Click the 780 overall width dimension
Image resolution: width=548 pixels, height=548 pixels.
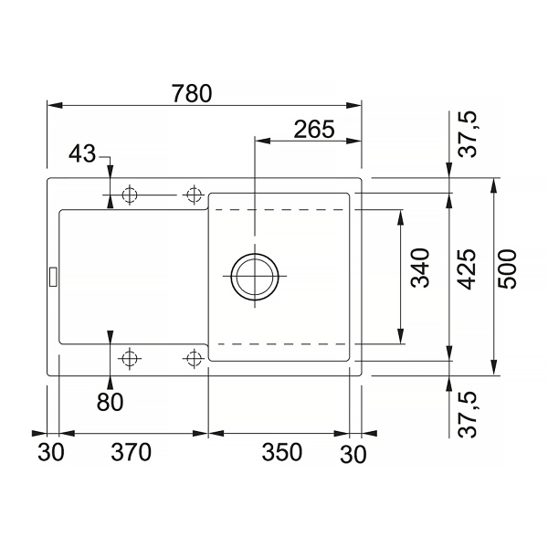[x=192, y=94]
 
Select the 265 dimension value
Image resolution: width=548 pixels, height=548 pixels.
[x=314, y=130]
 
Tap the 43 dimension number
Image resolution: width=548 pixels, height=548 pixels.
[x=82, y=153]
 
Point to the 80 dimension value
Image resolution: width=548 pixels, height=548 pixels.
[x=111, y=402]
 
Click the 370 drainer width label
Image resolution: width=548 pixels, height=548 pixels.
[x=131, y=452]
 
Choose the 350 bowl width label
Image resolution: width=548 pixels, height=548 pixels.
[x=281, y=452]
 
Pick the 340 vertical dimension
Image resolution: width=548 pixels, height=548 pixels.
[x=420, y=268]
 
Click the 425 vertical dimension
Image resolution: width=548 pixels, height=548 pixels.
[x=468, y=269]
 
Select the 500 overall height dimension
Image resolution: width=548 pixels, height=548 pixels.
[x=507, y=269]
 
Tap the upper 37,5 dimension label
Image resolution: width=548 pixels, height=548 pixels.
[x=468, y=134]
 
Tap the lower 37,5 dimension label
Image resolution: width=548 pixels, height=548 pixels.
[x=468, y=415]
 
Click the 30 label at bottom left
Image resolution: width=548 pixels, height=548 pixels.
[x=51, y=452]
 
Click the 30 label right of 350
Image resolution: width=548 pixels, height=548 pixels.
[x=353, y=454]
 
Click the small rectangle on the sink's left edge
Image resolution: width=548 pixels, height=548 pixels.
[x=53, y=277]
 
